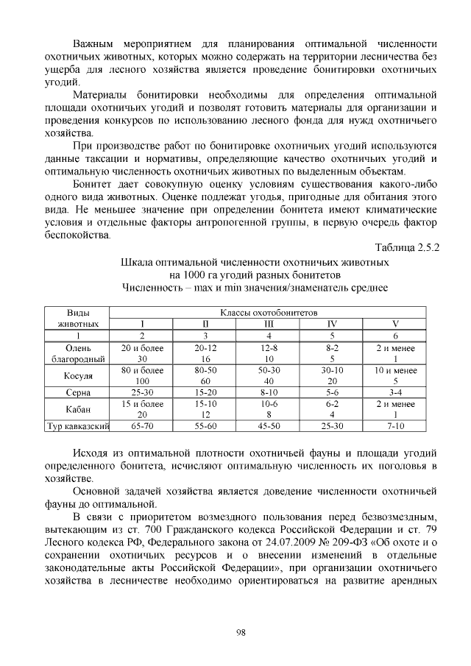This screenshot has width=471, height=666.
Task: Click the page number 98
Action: tap(240, 632)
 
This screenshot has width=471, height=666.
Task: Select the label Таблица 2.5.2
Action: tap(407, 248)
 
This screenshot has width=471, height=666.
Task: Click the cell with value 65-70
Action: tap(141, 426)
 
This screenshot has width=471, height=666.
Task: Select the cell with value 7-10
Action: tap(395, 426)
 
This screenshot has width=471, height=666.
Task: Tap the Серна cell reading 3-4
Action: tap(395, 393)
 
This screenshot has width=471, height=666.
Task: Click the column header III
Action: tap(269, 324)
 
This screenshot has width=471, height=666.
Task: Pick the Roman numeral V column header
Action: tap(395, 324)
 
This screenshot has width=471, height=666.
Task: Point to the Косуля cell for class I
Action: tap(141, 376)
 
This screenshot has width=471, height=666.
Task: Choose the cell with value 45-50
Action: tap(269, 426)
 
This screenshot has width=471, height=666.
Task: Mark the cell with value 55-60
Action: tap(205, 426)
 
